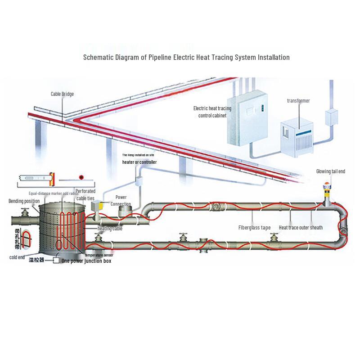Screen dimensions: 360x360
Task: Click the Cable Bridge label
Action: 62,94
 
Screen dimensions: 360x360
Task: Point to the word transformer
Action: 298,101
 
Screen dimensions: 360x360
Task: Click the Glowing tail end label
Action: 330,171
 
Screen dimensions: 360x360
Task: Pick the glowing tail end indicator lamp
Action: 326,185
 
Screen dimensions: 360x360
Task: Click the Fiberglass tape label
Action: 254,228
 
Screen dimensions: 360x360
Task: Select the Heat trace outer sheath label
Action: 301,228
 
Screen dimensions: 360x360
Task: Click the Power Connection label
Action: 121,201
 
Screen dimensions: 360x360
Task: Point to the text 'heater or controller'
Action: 140,162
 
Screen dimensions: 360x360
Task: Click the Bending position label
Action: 24,201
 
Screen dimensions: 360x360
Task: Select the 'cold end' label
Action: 17,257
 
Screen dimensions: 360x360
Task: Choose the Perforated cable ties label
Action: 85,194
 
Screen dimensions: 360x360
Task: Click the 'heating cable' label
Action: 110,229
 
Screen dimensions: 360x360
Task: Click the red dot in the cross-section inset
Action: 82,177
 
